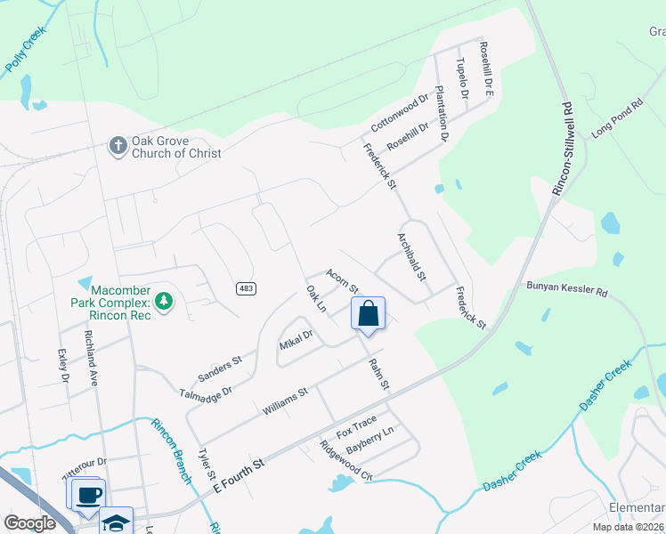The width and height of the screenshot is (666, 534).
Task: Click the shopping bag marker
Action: (x=369, y=314)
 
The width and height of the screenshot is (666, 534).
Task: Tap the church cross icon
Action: (x=118, y=145)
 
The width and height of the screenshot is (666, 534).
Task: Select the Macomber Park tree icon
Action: (x=163, y=303)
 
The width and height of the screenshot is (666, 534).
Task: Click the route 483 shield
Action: (x=247, y=288)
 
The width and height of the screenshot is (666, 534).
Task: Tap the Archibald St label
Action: (x=410, y=256)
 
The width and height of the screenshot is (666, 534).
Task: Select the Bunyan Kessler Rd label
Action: (x=566, y=290)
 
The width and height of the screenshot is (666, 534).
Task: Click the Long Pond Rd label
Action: (x=617, y=119)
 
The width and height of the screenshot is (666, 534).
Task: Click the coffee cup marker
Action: (x=87, y=495)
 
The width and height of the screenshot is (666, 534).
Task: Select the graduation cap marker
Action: (x=116, y=522)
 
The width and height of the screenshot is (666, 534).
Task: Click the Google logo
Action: (x=29, y=523)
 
